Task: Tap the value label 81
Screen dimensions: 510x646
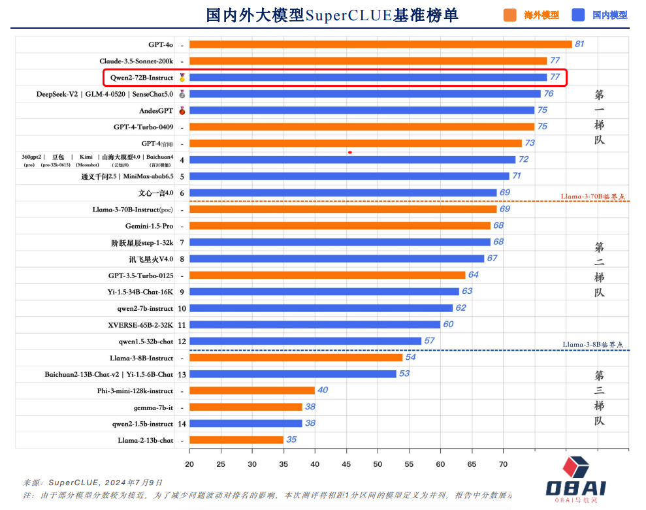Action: tap(579, 44)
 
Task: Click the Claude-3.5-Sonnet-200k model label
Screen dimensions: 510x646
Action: tap(137, 61)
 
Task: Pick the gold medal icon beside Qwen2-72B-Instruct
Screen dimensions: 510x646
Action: tap(182, 78)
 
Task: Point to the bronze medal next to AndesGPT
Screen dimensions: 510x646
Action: tap(182, 110)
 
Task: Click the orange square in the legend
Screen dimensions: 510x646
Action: tap(510, 14)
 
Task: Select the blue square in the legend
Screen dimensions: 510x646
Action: tap(577, 14)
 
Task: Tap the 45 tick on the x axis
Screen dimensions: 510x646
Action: tap(346, 464)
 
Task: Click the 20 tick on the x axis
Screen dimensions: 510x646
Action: tap(189, 464)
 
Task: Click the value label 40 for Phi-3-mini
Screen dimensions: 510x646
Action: tap(323, 390)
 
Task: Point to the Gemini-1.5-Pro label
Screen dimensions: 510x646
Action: tap(150, 226)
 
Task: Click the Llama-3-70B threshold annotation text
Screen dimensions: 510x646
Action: tap(593, 196)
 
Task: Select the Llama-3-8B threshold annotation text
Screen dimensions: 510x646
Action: tap(593, 345)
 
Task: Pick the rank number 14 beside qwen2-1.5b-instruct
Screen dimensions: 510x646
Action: tap(182, 423)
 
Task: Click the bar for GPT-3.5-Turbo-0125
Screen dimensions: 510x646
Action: tap(327, 275)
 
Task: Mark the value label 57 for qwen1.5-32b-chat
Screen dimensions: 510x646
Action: tap(429, 340)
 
